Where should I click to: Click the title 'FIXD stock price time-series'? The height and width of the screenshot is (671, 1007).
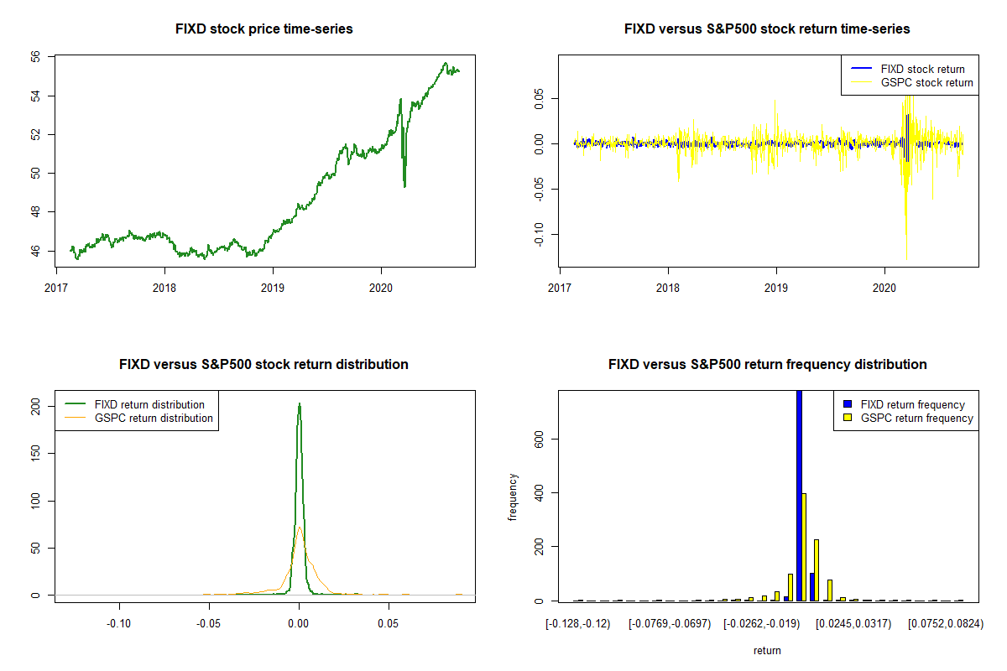(x=263, y=29)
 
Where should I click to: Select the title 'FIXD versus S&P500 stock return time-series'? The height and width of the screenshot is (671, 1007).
(x=767, y=29)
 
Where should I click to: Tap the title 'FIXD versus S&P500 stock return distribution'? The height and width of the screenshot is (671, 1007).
(x=263, y=365)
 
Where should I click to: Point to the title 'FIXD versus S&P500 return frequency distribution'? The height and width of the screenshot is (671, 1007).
(x=767, y=365)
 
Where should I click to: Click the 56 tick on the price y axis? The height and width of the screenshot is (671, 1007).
(x=38, y=57)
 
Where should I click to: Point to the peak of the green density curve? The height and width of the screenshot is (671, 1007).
(x=299, y=404)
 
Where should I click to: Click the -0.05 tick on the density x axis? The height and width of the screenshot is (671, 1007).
(x=209, y=624)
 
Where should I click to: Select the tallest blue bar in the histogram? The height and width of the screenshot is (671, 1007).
(x=799, y=495)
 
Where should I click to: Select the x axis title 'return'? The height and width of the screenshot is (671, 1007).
(x=767, y=650)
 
